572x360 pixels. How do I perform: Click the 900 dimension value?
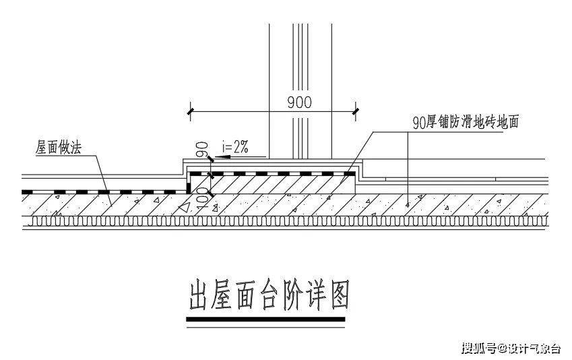(300, 102)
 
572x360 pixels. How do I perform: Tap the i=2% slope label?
(235, 147)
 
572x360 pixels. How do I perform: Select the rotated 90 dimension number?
(203, 150)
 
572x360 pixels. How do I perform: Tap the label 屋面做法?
(59, 148)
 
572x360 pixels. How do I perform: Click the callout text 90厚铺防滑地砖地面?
(466, 122)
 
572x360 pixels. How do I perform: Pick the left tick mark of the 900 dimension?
(190, 111)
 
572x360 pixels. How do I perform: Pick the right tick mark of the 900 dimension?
(355, 111)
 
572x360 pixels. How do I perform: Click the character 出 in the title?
(200, 295)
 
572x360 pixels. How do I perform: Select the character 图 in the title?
(338, 295)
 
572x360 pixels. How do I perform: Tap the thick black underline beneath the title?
(265, 320)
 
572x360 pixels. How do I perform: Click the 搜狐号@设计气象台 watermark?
(511, 348)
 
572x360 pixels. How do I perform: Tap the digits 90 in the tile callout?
(419, 123)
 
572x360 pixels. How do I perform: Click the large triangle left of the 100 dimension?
(185, 207)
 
